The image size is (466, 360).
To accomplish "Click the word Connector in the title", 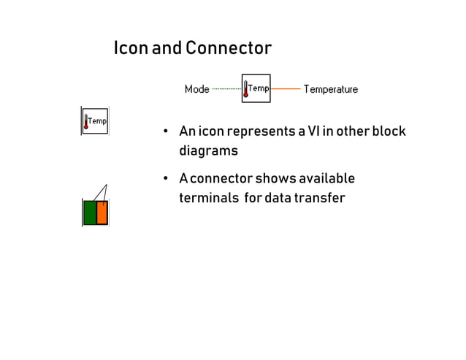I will tap(228, 49).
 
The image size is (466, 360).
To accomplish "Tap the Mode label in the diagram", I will tap(196, 89).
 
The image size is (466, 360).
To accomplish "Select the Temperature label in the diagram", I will tap(330, 89).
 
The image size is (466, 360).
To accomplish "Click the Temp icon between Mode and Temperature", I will tap(256, 88).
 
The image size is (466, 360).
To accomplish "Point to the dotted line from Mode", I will tap(226, 89).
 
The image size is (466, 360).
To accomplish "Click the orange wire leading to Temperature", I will tap(286, 89).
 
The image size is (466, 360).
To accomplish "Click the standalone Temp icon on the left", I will tap(95, 120).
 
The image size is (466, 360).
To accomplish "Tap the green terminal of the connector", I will tap(90, 212).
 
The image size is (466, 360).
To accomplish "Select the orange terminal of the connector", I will tap(102, 212).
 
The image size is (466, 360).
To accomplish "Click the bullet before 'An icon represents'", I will tap(166, 132).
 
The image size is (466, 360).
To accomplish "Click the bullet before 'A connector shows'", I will tap(166, 180).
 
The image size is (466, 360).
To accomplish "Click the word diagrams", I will tap(208, 151).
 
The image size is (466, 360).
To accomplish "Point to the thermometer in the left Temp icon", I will tap(86, 121).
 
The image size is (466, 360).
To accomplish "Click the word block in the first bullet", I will tap(389, 131).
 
